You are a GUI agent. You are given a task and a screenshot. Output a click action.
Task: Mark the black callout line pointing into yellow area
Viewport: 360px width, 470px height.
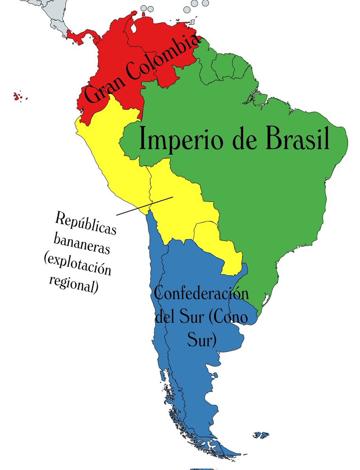pyautogui.click(x=145, y=206)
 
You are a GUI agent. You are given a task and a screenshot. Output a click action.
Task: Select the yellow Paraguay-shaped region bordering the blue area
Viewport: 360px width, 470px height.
pyautogui.click(x=217, y=243)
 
